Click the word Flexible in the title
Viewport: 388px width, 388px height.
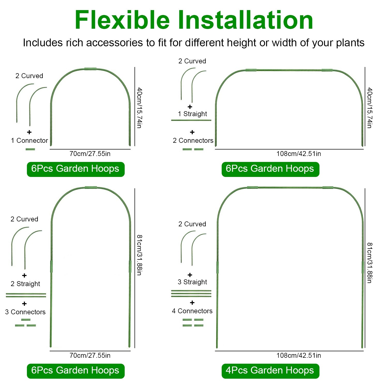tap(122, 20)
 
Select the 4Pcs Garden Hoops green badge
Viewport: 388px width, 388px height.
tap(270, 371)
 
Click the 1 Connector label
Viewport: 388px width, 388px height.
tap(29, 140)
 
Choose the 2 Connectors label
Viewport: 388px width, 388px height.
tap(193, 140)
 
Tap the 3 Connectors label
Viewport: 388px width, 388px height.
tap(25, 312)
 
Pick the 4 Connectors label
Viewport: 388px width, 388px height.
tap(192, 311)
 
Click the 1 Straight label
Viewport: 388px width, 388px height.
tap(192, 114)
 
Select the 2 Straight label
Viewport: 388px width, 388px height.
tap(25, 284)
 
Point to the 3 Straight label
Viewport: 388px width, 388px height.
tap(192, 282)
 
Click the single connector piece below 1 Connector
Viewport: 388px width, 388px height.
tap(30, 149)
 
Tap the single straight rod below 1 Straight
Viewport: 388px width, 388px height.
tap(191, 120)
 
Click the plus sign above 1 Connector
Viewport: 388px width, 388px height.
tap(29, 132)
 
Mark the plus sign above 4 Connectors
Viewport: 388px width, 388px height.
tap(192, 303)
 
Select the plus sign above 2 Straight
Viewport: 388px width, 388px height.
tap(24, 275)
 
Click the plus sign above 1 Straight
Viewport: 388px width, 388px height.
tap(190, 107)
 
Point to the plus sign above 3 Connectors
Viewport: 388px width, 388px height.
tap(24, 304)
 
